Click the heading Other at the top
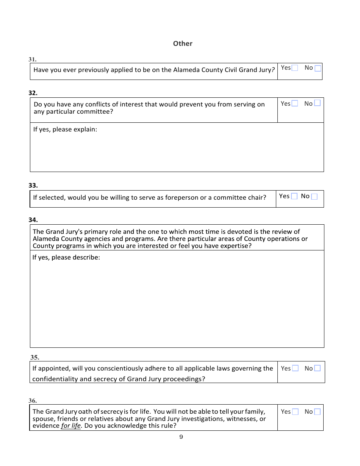(x=183, y=44)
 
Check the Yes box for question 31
(x=295, y=68)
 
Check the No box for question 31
(x=318, y=68)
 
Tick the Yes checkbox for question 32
(x=295, y=103)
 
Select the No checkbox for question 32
(x=317, y=103)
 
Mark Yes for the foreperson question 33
(x=294, y=196)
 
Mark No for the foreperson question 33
(x=314, y=196)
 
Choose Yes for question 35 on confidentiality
(x=295, y=368)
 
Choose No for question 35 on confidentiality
(x=317, y=368)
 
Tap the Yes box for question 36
(x=295, y=412)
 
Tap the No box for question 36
(x=317, y=412)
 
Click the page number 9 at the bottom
(x=181, y=437)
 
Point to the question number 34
(x=33, y=220)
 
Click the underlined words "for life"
(x=71, y=426)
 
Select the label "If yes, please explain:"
(x=65, y=130)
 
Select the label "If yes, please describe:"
(x=66, y=258)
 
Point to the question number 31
(x=33, y=59)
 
